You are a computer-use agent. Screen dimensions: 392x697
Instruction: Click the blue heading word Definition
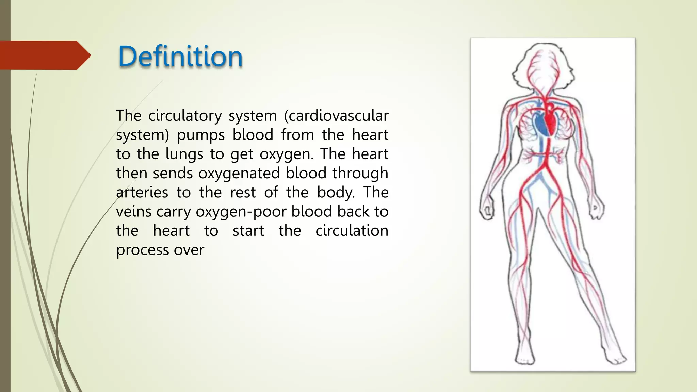pyautogui.click(x=180, y=56)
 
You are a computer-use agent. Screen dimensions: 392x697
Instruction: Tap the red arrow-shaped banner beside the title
pyautogui.click(x=44, y=55)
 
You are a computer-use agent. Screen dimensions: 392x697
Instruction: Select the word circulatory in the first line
pyautogui.click(x=185, y=116)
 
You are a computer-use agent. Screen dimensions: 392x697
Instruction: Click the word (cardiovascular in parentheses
pyautogui.click(x=336, y=116)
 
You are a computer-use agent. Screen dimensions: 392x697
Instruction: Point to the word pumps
pyautogui.click(x=201, y=135)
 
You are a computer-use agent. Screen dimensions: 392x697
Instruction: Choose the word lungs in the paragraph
pyautogui.click(x=184, y=154)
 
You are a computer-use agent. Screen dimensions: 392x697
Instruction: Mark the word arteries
pyautogui.click(x=142, y=193)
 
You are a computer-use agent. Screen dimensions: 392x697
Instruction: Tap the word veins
pyautogui.click(x=133, y=212)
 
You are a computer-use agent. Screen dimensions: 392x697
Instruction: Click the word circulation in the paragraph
pyautogui.click(x=352, y=231)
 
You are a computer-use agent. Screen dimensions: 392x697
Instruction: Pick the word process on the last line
pyautogui.click(x=142, y=250)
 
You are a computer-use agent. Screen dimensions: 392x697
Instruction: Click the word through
pyautogui.click(x=360, y=174)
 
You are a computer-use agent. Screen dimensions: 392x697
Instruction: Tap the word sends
pyautogui.click(x=173, y=174)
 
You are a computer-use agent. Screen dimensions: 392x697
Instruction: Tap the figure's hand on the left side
pyautogui.click(x=487, y=208)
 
